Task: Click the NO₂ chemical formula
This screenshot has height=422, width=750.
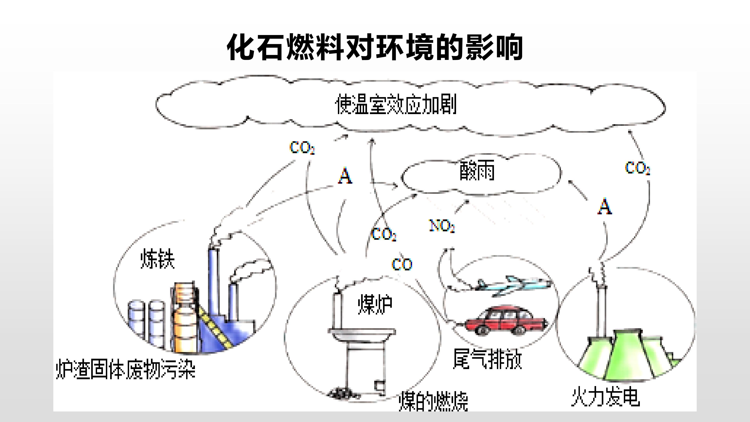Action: pos(442,226)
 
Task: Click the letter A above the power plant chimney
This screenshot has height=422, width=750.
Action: pos(604,207)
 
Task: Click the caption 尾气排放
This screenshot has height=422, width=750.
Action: pos(487,359)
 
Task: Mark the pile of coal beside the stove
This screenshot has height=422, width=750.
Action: pos(344,393)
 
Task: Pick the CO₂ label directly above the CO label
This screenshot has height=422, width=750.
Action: pos(384,234)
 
